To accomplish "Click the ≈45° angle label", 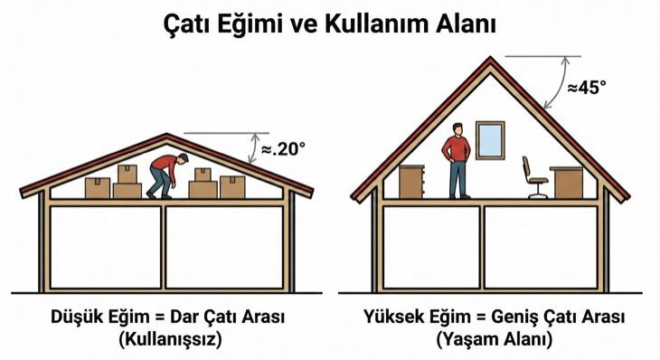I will pyautogui.click(x=587, y=87).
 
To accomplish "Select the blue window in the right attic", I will pyautogui.click(x=489, y=139).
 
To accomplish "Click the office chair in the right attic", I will pyautogui.click(x=533, y=177).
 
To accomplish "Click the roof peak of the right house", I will pyautogui.click(x=491, y=59).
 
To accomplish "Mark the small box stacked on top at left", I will pyautogui.click(x=127, y=174).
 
